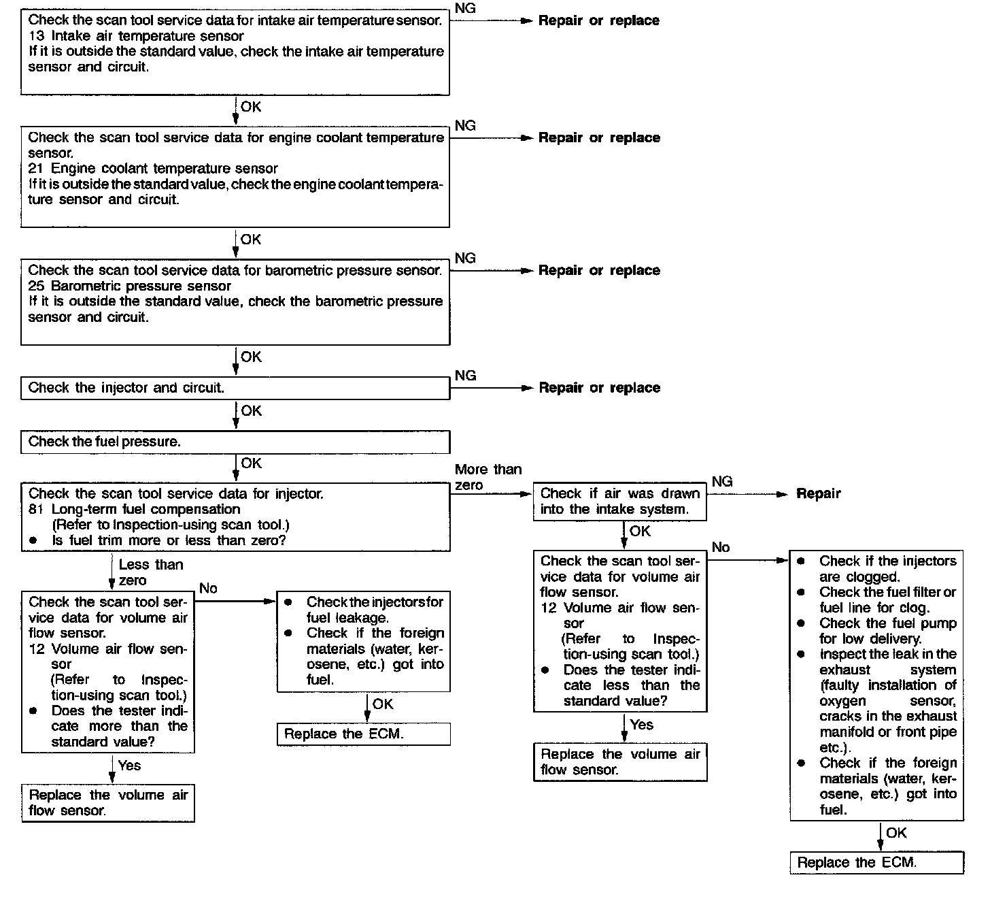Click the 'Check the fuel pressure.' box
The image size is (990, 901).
click(235, 442)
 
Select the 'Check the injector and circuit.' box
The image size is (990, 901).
click(235, 388)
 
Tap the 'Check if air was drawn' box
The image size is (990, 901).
click(619, 502)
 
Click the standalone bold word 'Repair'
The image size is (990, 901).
click(818, 494)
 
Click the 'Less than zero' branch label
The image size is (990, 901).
click(150, 572)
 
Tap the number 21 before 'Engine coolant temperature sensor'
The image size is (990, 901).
click(35, 169)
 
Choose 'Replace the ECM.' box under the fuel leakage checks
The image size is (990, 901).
click(363, 734)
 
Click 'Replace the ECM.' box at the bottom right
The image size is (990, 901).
click(876, 863)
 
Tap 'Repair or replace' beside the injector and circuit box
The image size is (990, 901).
click(599, 388)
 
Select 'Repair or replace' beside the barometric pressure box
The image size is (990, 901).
click(599, 271)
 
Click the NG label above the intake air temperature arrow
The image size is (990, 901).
click(465, 8)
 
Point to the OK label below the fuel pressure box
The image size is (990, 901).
click(251, 463)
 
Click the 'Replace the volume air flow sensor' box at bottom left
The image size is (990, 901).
click(108, 803)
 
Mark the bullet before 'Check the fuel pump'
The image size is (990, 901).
click(802, 623)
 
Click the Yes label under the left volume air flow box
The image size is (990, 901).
click(129, 766)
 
